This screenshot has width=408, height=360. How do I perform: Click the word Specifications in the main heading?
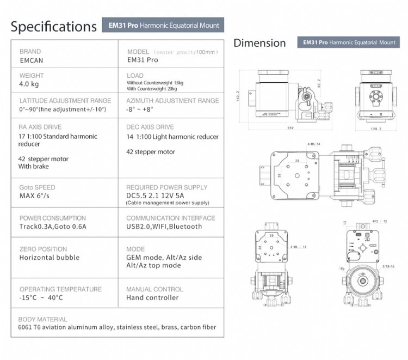pos(53,26)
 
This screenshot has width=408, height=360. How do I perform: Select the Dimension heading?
pos(259,43)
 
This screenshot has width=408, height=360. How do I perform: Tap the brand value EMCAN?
pos(31,60)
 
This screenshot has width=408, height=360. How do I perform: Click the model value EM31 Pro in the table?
pos(142,60)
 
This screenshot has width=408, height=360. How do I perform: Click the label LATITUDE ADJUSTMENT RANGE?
pos(65,101)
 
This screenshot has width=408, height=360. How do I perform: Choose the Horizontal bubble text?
pos(49,257)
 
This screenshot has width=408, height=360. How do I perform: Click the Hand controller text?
pos(152,297)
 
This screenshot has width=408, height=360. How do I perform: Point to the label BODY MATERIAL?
pos(42,319)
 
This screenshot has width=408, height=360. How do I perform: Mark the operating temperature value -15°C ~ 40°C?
pos(41,297)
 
